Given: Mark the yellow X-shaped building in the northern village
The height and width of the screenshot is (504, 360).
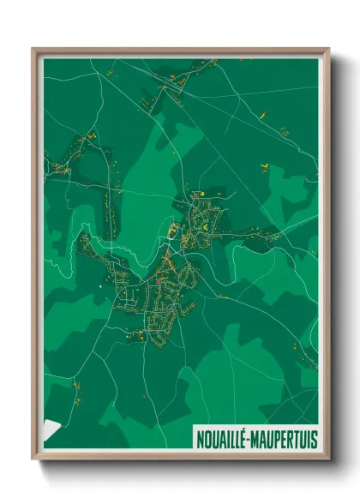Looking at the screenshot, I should click(x=206, y=226).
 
